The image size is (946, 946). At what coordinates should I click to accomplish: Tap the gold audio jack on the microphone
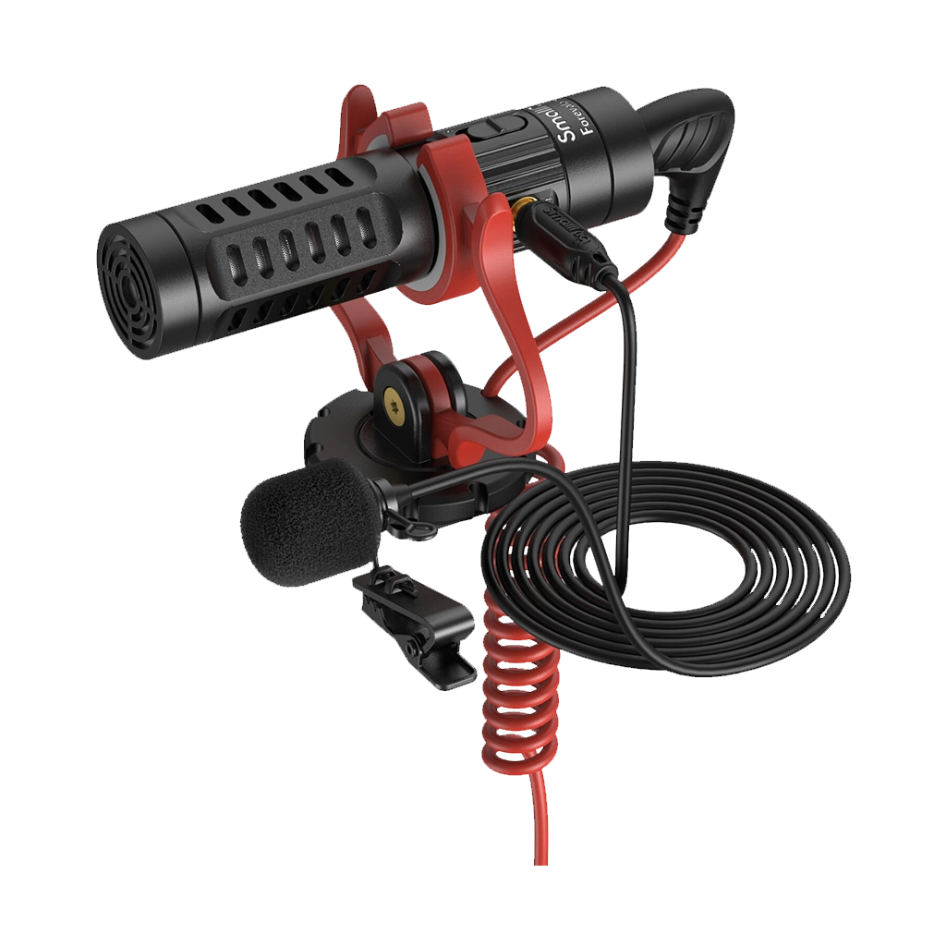pyautogui.click(x=527, y=208)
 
